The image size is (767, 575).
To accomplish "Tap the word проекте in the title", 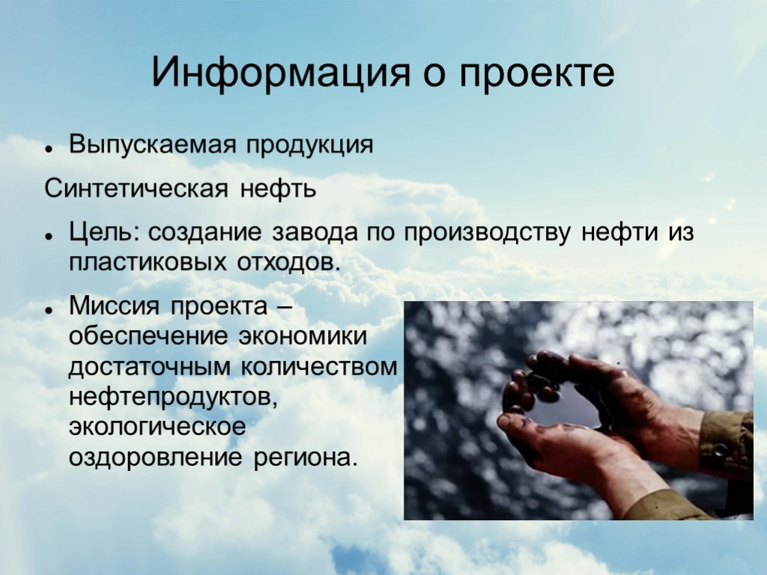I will [x=537, y=73].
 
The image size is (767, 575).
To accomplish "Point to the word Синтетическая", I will [x=136, y=188].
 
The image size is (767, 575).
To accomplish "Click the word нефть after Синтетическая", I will [x=278, y=188].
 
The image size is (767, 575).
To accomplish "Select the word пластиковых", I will [x=149, y=263].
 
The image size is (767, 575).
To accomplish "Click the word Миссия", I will [x=116, y=306].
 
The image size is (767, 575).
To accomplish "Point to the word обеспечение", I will [x=148, y=337].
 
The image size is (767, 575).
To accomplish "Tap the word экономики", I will [x=303, y=337].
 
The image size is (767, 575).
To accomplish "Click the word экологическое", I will [x=157, y=427].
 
